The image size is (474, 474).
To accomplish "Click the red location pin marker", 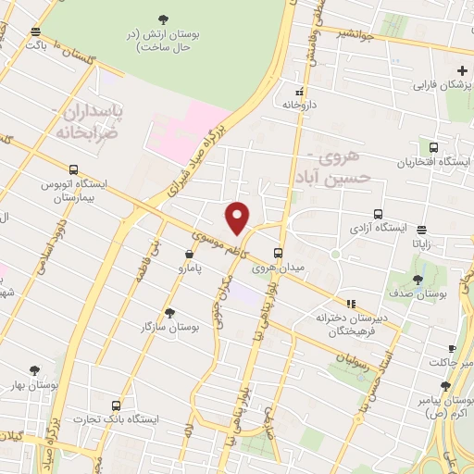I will (238, 218).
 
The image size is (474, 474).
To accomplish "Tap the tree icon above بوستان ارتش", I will (164, 19).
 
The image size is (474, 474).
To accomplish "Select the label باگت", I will (36, 44).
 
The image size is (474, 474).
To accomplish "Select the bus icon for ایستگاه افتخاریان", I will (433, 147).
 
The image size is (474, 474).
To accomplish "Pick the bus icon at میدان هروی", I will (279, 253).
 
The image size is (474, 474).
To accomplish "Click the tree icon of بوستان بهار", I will (35, 370).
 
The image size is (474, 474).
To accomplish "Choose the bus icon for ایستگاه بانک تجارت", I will (116, 405).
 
